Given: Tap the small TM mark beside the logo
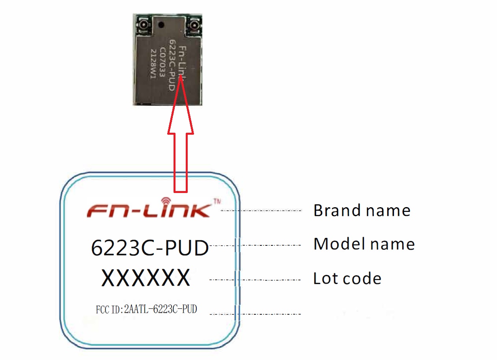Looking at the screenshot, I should click(217, 201).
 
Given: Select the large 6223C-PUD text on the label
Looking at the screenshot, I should click(150, 248).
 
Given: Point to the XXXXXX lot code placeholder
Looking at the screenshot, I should click(146, 278).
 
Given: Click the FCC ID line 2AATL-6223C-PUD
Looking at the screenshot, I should click(146, 310).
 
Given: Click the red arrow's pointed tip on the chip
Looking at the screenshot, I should click(181, 78).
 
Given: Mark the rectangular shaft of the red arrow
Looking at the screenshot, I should click(181, 161).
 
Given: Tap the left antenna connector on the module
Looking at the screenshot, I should click(142, 27).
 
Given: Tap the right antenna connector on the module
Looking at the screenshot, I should click(194, 27).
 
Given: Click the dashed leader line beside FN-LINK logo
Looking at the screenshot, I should click(261, 211).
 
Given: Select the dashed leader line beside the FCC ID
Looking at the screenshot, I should click(256, 314).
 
